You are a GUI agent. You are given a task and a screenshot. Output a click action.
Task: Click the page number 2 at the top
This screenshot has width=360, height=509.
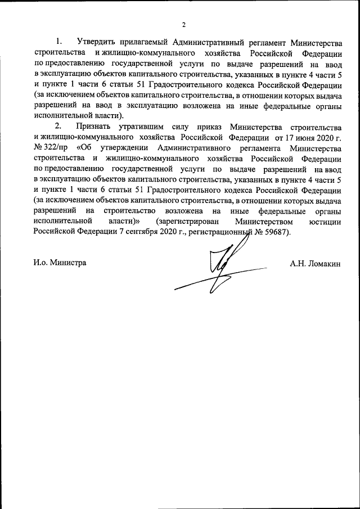pyautogui.click(x=183, y=24)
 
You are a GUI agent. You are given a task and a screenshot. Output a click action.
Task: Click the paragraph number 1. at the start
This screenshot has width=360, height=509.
pyautogui.click(x=59, y=43)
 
